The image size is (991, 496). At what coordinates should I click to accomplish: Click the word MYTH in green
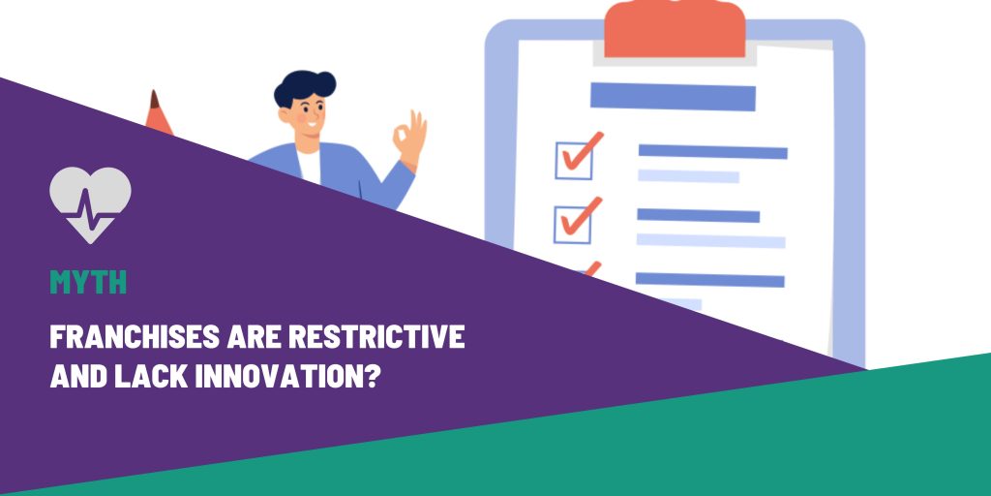coord(88,283)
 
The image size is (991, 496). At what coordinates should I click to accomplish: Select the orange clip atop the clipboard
coord(675,29)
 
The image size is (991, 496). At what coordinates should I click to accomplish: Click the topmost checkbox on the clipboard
coord(572,160)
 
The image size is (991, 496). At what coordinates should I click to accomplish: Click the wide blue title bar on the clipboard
coord(673,97)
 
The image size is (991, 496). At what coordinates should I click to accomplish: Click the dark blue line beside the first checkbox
coord(712,152)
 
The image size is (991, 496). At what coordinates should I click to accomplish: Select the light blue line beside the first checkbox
coord(688,176)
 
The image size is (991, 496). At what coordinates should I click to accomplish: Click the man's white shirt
coord(309,162)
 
